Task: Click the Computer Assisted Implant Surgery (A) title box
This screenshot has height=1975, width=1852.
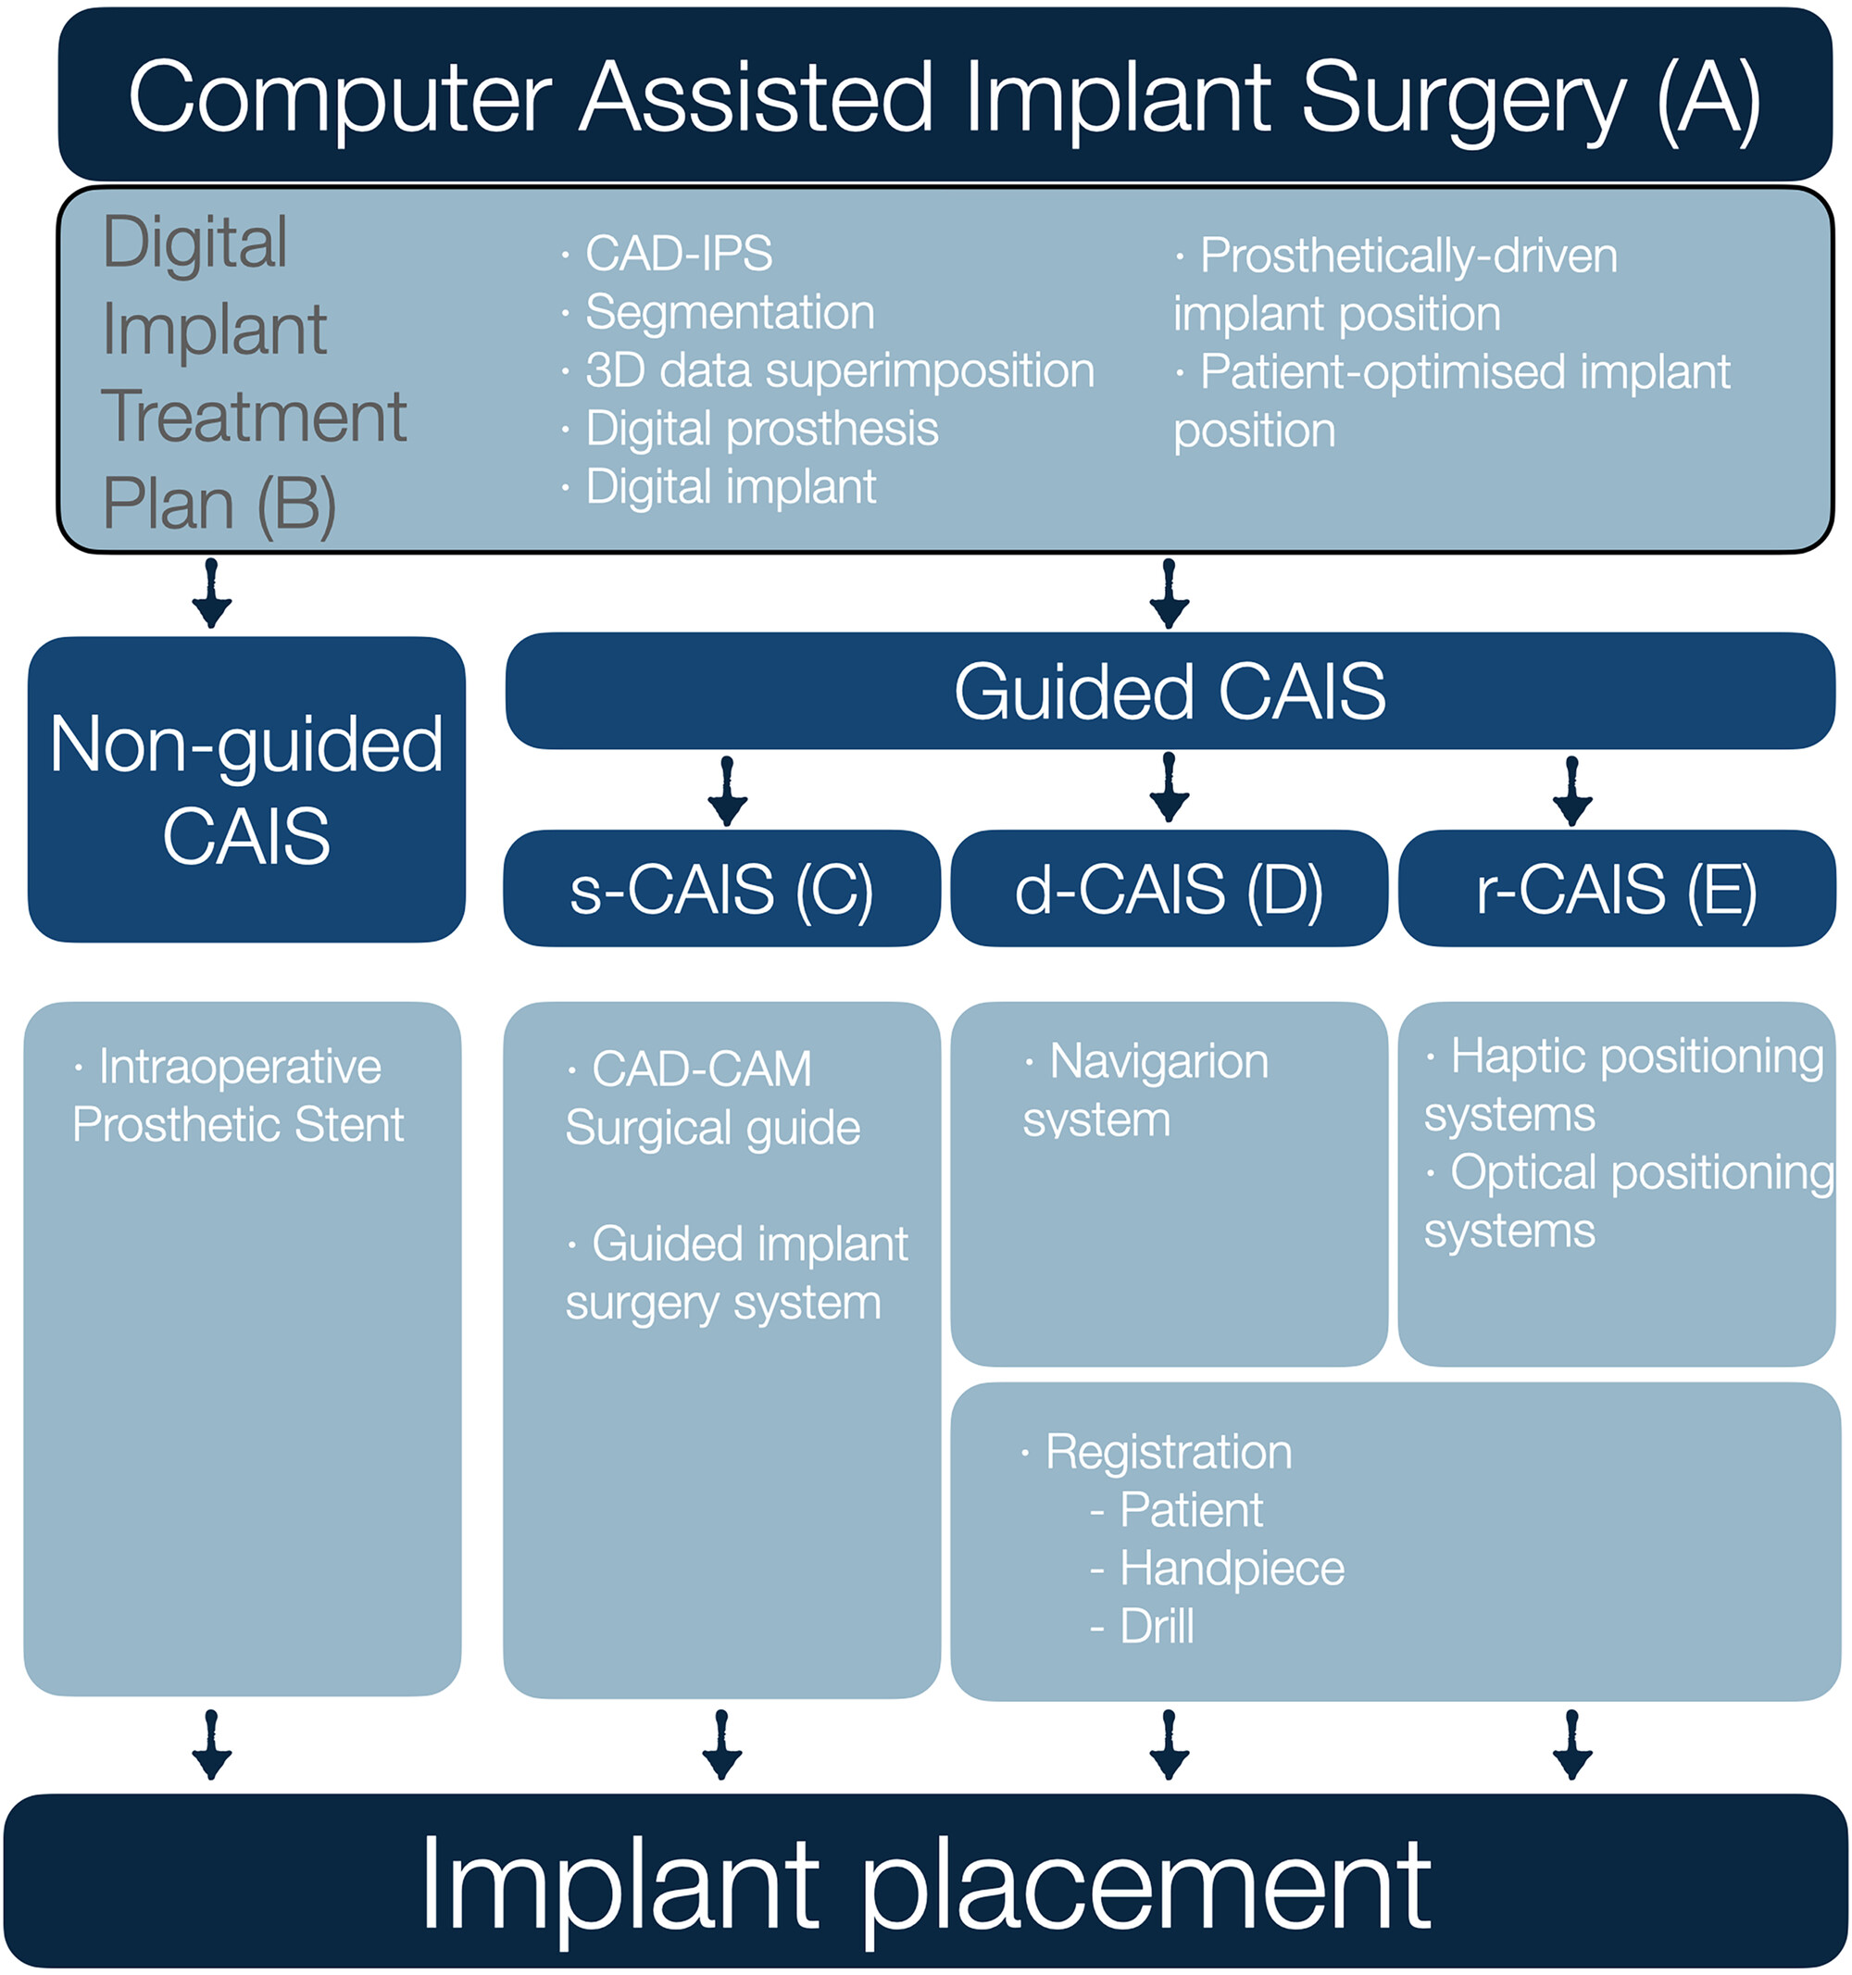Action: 944,94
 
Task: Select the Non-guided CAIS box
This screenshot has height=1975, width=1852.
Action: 246,790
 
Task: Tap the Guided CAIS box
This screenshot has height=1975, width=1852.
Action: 1170,692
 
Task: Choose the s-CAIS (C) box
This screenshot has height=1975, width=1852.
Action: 721,888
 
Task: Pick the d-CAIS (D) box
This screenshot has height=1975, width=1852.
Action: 1169,888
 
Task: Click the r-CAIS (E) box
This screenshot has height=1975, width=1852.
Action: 1617,888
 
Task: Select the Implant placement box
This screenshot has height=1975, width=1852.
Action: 926,1881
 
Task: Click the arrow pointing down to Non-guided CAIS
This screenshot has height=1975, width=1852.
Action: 212,594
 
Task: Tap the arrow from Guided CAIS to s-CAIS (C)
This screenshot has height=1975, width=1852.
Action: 727,791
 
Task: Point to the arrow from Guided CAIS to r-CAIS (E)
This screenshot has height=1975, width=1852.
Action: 1571,791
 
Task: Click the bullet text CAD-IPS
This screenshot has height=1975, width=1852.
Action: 679,254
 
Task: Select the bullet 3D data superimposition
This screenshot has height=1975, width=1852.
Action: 840,369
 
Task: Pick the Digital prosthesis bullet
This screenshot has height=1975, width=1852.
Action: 762,430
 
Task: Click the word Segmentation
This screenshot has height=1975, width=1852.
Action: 731,313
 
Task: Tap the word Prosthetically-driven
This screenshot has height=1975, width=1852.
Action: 1408,256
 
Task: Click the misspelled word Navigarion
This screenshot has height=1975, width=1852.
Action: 1158,1062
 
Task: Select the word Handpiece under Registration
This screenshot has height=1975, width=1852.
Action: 1232,1569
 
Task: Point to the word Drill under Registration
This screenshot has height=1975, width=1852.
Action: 1157,1627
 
